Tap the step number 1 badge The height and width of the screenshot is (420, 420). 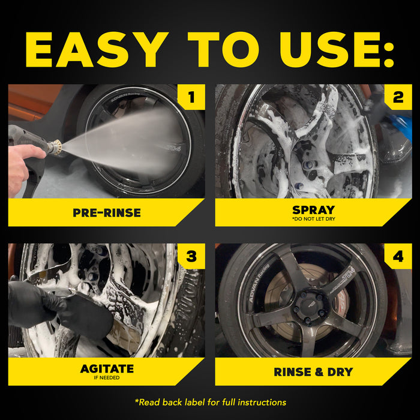point(191,97)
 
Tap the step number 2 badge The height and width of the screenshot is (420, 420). point(398,97)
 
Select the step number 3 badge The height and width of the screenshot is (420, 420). point(191,256)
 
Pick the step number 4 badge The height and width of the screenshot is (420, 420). point(398,256)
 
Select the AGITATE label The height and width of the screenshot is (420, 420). point(107,368)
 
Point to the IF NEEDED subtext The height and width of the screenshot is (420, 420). point(107,378)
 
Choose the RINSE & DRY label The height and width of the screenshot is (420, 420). point(313,372)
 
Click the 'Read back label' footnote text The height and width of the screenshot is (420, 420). point(210,402)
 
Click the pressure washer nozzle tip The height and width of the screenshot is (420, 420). point(58,148)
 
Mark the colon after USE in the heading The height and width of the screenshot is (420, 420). point(388,50)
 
